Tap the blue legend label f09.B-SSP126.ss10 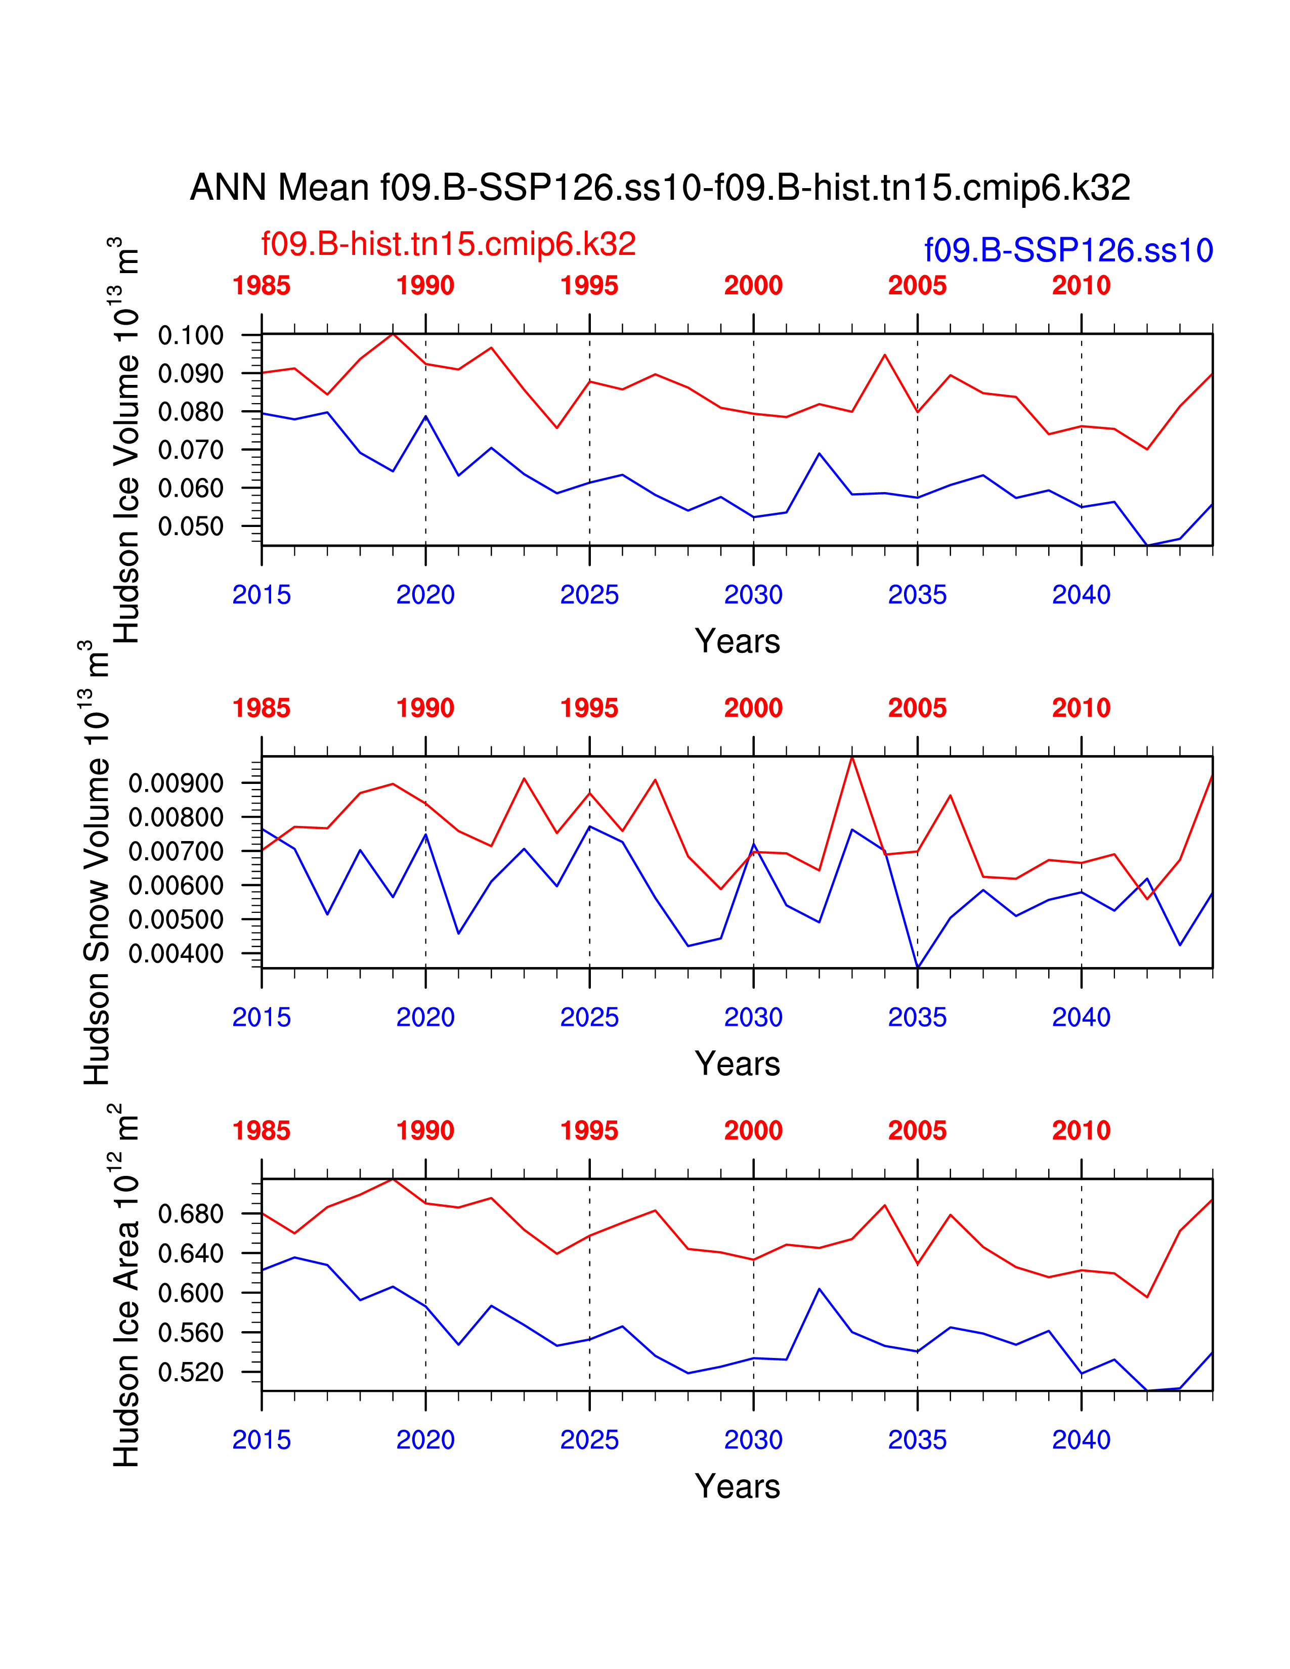pyautogui.click(x=1068, y=251)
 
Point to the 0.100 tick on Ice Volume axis pyautogui.click(x=190, y=335)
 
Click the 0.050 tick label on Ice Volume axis pyautogui.click(x=190, y=526)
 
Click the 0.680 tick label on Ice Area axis pyautogui.click(x=190, y=1213)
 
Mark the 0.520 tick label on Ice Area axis pyautogui.click(x=190, y=1373)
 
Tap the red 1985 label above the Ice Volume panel pyautogui.click(x=262, y=286)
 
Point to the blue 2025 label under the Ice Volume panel pyautogui.click(x=589, y=595)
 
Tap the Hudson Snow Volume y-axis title pyautogui.click(x=97, y=863)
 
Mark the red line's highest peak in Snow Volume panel pyautogui.click(x=852, y=757)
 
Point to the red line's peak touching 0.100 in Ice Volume pyautogui.click(x=393, y=334)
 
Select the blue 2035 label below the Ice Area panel pyautogui.click(x=917, y=1440)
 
